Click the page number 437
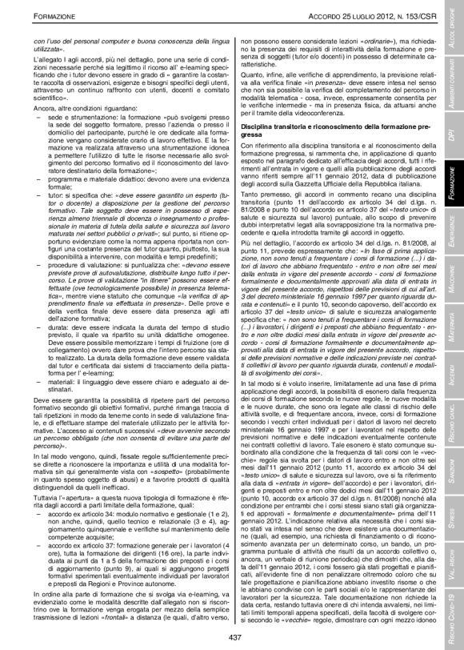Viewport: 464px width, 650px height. coord(234,637)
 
